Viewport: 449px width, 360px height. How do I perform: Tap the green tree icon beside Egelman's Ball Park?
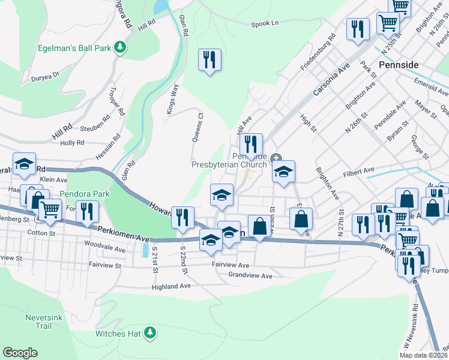pos(121,46)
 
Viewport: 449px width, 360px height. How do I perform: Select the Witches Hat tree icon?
pos(150,332)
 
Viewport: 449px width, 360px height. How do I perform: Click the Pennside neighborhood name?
pos(399,64)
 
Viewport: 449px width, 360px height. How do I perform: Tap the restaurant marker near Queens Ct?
pos(209,60)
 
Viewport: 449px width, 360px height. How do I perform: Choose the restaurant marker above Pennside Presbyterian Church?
pos(251,144)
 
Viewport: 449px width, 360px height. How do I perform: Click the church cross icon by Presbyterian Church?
pos(276,158)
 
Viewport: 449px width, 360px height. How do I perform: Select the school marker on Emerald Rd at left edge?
pos(24,164)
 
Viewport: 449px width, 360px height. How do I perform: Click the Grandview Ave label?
pos(250,276)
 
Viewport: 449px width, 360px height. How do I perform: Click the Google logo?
pos(20,353)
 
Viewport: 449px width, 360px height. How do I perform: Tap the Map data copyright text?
pos(423,355)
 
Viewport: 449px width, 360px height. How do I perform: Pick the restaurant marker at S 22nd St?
pos(182,217)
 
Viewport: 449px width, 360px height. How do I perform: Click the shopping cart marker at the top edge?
pos(400,6)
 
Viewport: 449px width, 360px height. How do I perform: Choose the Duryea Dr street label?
pos(46,76)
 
